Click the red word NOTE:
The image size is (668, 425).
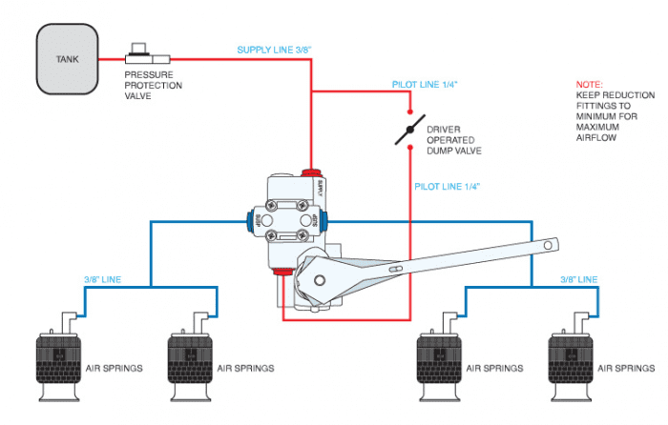point(590,84)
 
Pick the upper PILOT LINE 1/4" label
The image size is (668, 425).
point(426,85)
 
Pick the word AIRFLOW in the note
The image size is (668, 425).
point(598,137)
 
